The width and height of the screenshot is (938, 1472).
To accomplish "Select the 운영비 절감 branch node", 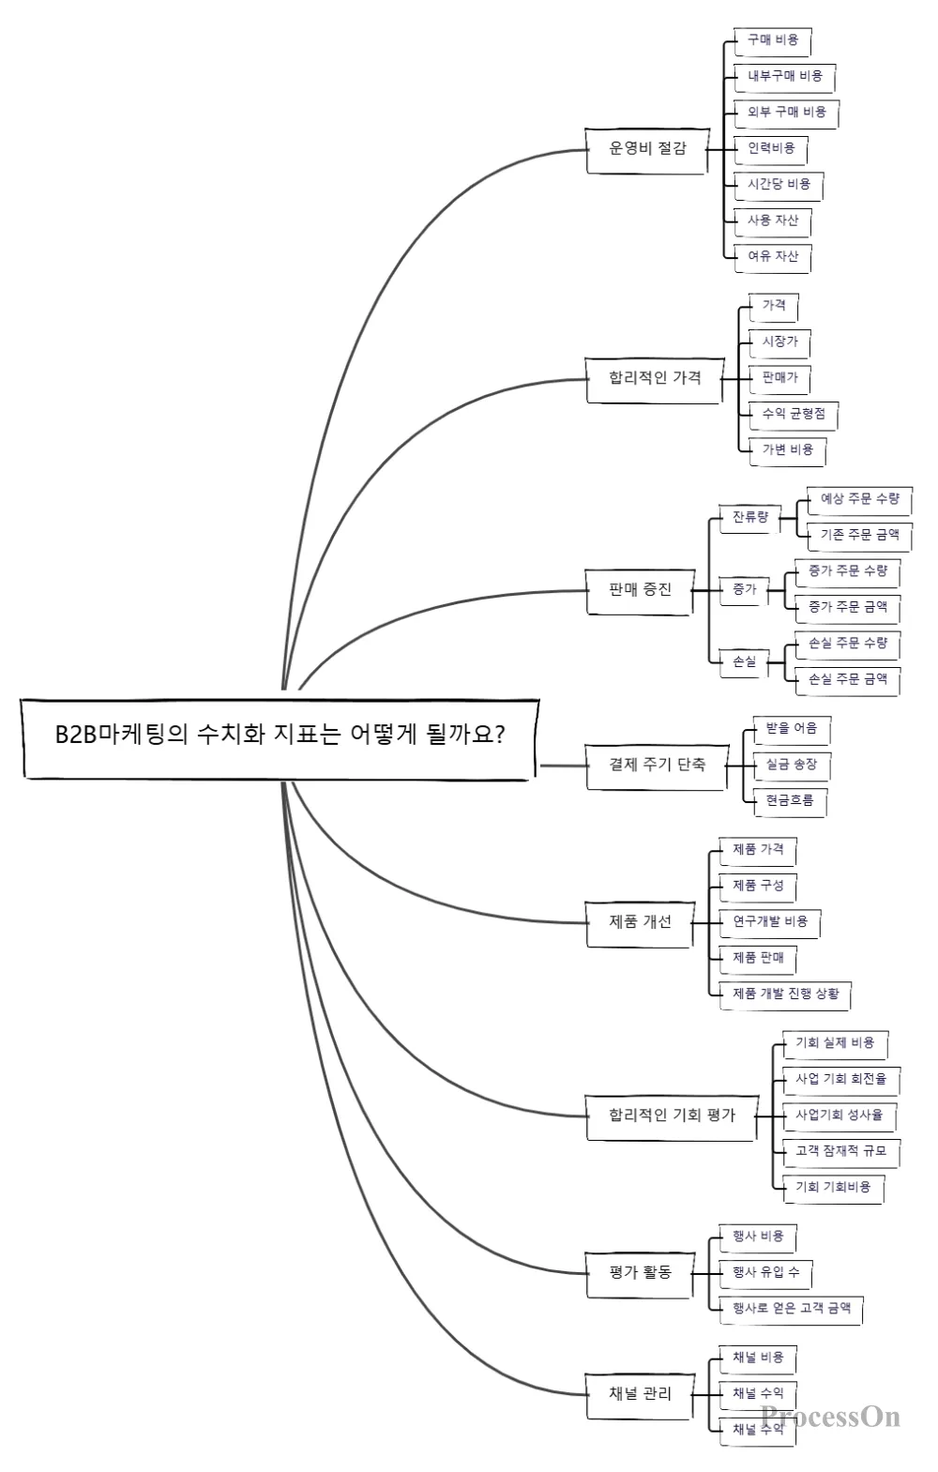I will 647,148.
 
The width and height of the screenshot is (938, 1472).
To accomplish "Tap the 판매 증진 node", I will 640,590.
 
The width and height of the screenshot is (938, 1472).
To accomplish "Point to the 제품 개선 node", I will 640,921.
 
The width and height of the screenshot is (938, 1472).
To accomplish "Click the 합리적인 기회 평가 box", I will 672,1115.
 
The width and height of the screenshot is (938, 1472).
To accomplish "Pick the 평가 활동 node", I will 640,1273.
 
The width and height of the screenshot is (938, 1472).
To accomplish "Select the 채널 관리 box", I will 640,1394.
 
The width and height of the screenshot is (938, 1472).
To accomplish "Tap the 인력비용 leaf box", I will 771,148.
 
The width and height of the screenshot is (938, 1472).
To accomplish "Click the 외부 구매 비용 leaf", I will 786,113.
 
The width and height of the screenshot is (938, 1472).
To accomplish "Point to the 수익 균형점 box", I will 794,414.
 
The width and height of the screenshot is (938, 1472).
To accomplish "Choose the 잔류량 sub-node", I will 749,517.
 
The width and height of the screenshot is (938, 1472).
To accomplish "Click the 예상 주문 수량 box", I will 859,499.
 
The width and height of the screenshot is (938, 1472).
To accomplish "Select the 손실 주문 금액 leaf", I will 847,679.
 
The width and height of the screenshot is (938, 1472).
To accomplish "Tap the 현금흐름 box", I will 790,801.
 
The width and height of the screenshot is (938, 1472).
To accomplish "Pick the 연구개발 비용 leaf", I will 769,922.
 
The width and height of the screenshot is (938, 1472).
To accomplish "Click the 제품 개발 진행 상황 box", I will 785,994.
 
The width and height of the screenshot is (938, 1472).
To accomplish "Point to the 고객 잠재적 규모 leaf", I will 840,1151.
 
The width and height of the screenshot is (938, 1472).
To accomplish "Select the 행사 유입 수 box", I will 765,1273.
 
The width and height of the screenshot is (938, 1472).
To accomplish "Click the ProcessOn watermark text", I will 830,1417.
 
